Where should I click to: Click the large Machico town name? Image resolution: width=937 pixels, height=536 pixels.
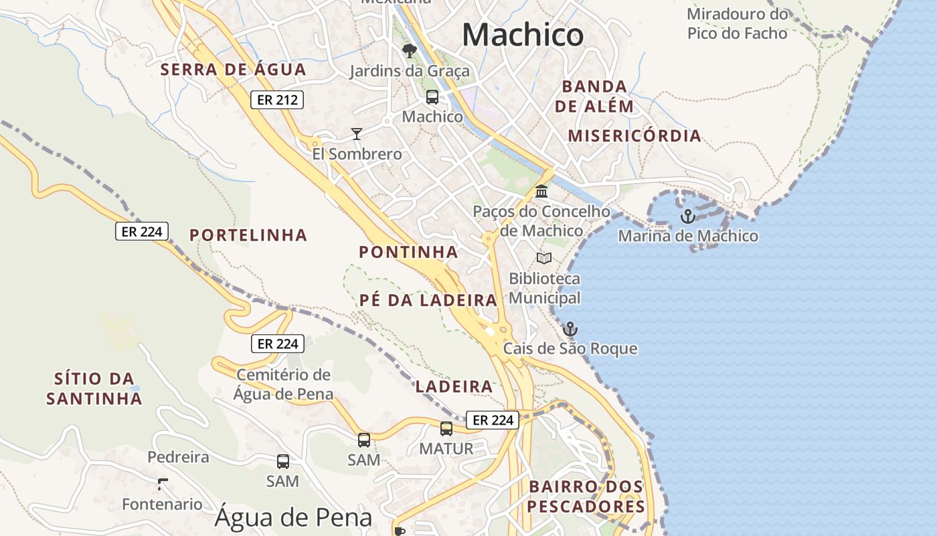tap(522, 35)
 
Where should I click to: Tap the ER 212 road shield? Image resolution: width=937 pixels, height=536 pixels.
tap(277, 100)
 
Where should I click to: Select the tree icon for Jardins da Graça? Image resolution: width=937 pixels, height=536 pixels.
tap(408, 51)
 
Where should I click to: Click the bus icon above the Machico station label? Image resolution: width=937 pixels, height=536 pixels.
tap(432, 97)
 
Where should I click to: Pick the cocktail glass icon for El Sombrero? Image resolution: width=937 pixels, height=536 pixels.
tap(357, 134)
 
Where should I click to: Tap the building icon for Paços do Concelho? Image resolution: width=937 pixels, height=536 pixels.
tap(541, 192)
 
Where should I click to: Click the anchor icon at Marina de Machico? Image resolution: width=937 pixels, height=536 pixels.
tap(687, 216)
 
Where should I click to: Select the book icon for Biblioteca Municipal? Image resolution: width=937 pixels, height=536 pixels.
tap(544, 258)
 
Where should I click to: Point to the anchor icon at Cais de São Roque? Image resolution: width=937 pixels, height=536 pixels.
tap(570, 329)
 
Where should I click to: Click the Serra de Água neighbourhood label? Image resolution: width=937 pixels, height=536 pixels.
tap(233, 70)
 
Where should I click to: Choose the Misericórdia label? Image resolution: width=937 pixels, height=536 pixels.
tap(634, 136)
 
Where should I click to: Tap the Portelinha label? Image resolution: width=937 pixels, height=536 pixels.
tap(248, 235)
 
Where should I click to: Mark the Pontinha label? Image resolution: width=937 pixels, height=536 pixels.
tap(408, 253)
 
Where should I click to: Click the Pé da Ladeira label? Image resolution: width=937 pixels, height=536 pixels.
tap(428, 301)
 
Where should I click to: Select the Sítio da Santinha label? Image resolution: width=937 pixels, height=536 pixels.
tap(94, 389)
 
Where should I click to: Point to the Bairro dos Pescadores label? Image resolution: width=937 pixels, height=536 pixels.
tap(586, 496)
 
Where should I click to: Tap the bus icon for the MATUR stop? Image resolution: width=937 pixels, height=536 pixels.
tap(446, 429)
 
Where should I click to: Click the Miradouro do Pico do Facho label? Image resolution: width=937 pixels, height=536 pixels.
tap(738, 23)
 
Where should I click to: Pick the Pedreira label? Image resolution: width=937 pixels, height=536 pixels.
tap(178, 458)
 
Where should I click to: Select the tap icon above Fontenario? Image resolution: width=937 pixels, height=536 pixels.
tap(162, 484)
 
